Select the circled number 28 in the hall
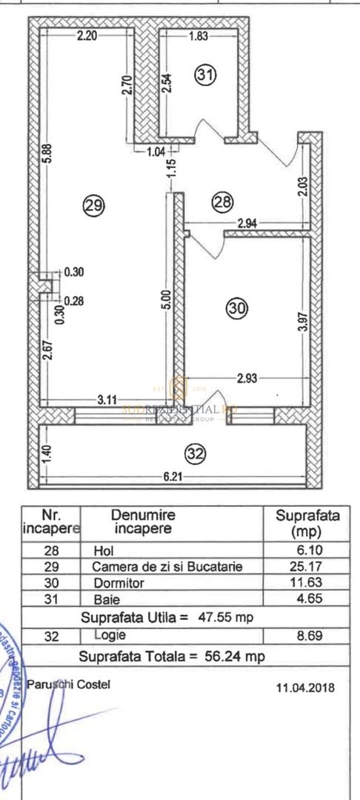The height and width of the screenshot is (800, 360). tap(223, 201)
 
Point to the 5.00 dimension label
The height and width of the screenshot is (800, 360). tap(167, 299)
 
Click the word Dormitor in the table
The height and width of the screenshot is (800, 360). tap(118, 582)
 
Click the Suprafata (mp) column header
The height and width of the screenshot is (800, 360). tap(307, 523)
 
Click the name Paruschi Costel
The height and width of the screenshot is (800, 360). tap(68, 684)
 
